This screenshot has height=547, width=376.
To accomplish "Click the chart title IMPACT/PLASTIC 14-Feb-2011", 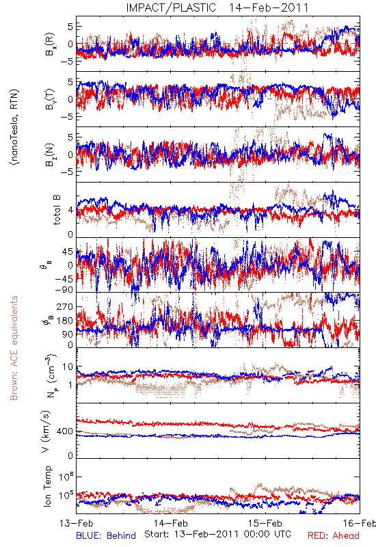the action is (x=217, y=8).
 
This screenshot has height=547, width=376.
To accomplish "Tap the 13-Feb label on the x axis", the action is (x=77, y=523).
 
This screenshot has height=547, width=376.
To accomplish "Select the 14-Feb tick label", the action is (x=171, y=523).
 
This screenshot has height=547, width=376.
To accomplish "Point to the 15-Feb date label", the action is (x=265, y=523).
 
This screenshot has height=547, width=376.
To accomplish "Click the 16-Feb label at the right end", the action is (x=360, y=523).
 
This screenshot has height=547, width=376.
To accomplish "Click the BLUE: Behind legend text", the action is (x=106, y=535).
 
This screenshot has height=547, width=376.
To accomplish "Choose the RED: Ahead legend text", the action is (x=334, y=535).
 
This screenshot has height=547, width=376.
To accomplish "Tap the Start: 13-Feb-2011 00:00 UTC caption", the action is (x=217, y=534).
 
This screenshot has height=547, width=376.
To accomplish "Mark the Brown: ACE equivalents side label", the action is (x=14, y=348).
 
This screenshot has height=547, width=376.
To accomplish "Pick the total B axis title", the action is (x=57, y=210).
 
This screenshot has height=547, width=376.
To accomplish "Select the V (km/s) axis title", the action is (x=46, y=431).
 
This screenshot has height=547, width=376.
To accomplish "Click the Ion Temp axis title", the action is (x=47, y=486).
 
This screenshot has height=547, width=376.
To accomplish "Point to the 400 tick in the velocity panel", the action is (x=65, y=431).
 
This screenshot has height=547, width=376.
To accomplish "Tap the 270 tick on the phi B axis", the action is (x=65, y=306).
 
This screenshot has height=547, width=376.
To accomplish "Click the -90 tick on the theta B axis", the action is (x=64, y=290).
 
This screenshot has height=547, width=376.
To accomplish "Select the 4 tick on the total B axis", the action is (x=71, y=211).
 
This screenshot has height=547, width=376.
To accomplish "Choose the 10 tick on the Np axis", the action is (x=68, y=367).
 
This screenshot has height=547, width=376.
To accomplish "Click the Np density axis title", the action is (x=52, y=375).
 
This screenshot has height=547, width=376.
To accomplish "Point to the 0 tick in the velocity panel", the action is (x=71, y=455).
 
